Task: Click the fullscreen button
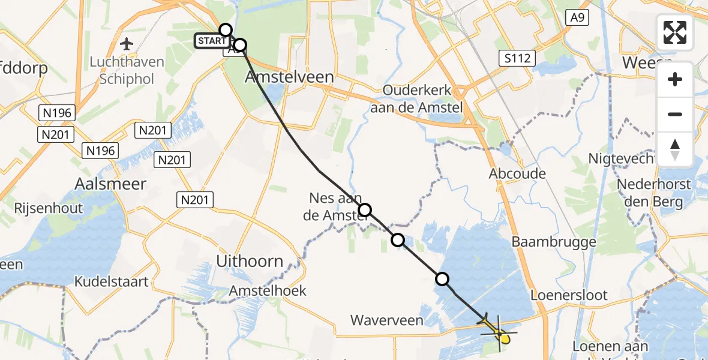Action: [675, 32]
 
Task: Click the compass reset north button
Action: [675, 149]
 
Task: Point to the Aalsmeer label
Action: [110, 184]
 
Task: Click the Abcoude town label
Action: [517, 174]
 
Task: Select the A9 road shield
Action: [577, 18]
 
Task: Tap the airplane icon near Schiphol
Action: [127, 44]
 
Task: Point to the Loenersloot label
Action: [569, 295]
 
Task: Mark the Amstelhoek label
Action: [268, 291]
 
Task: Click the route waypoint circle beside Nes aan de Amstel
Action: [365, 210]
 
